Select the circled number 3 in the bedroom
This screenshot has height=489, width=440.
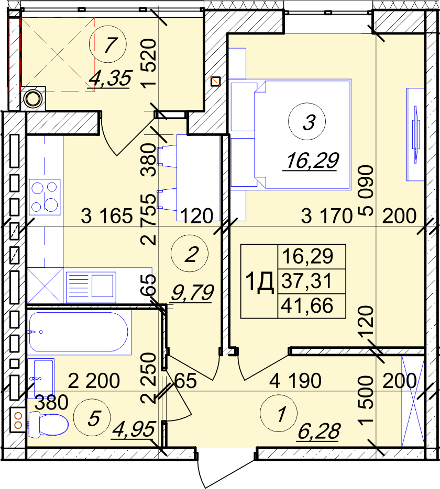coord(307,121)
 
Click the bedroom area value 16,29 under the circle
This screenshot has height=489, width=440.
coord(311,161)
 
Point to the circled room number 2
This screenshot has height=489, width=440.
coord(190,254)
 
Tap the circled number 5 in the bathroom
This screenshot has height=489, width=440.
coord(92,417)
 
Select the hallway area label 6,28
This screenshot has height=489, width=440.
coord(318,432)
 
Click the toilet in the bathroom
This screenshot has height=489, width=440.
coord(48,424)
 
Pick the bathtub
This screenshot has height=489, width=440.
coord(79,332)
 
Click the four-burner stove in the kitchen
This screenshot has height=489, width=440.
coord(45,197)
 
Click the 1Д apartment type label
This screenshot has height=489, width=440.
coord(260,282)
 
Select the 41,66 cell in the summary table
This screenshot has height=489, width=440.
coord(307,305)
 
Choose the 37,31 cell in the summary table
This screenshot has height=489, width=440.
coord(306,281)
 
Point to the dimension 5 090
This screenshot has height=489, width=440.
coord(366,190)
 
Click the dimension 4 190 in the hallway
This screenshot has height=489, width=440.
coord(295,380)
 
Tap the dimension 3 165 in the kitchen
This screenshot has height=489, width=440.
coord(107,216)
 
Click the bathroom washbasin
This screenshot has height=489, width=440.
coord(41,378)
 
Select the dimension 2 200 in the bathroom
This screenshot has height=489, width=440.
coord(94,380)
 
